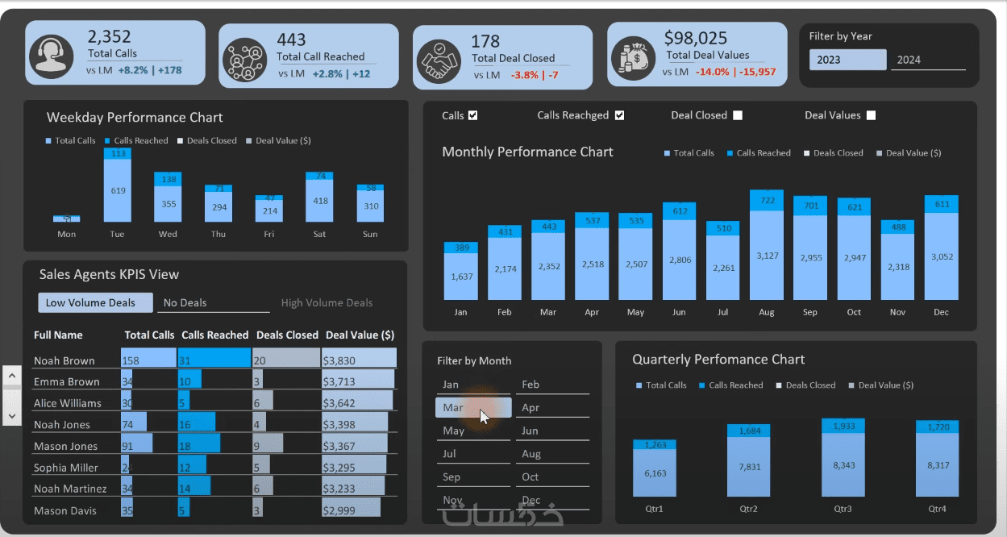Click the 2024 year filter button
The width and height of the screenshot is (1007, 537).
point(927,60)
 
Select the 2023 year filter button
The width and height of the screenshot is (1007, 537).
point(847,60)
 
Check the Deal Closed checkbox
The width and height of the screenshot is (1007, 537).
point(738,115)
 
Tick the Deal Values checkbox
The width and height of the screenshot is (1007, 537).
point(871,115)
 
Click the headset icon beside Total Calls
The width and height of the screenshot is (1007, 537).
point(51,54)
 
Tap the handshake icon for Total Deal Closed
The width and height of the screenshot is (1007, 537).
point(439,59)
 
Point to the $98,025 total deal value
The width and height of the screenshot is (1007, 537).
point(696,38)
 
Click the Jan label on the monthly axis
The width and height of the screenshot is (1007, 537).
point(460,312)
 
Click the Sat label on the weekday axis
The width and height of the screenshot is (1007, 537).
point(319,235)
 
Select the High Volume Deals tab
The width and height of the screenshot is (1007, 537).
point(327,303)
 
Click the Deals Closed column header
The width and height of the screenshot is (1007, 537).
point(287,335)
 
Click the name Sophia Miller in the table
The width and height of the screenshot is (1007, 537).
point(66,468)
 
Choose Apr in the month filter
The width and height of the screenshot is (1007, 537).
point(552,407)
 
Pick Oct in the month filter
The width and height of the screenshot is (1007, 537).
point(552,477)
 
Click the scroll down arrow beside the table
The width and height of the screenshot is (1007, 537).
point(12,415)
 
